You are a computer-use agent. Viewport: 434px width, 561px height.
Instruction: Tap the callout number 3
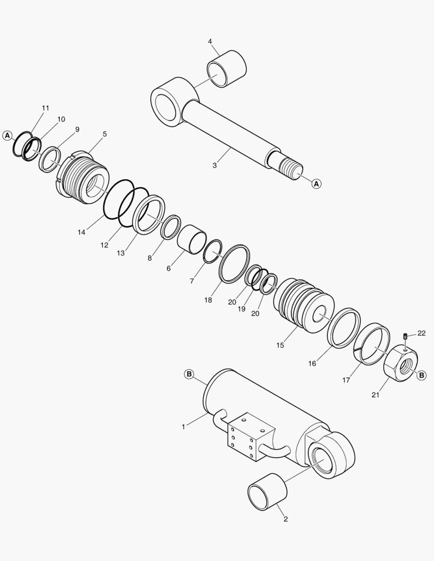point(215,165)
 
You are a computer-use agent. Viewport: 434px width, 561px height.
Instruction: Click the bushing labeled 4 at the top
point(227,69)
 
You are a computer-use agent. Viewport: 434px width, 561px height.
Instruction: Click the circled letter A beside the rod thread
point(317,183)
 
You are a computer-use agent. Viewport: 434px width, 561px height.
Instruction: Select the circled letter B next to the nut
point(422,375)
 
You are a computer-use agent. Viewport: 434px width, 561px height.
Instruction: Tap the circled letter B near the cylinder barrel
point(189,374)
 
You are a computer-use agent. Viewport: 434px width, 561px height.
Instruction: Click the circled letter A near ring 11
point(7,135)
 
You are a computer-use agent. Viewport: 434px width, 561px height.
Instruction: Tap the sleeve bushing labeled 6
point(191,238)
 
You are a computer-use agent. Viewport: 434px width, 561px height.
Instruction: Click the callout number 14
point(81,232)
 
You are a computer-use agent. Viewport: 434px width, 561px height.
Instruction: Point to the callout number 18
point(208,300)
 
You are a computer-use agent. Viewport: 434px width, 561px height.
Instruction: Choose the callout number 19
point(241,309)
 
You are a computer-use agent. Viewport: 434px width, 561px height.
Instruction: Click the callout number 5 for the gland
point(104,134)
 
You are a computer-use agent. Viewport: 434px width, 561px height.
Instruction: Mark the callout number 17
point(346,380)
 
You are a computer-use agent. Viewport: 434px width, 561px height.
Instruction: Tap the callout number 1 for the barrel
point(183,426)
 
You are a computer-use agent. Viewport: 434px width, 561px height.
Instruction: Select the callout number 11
point(45,108)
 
